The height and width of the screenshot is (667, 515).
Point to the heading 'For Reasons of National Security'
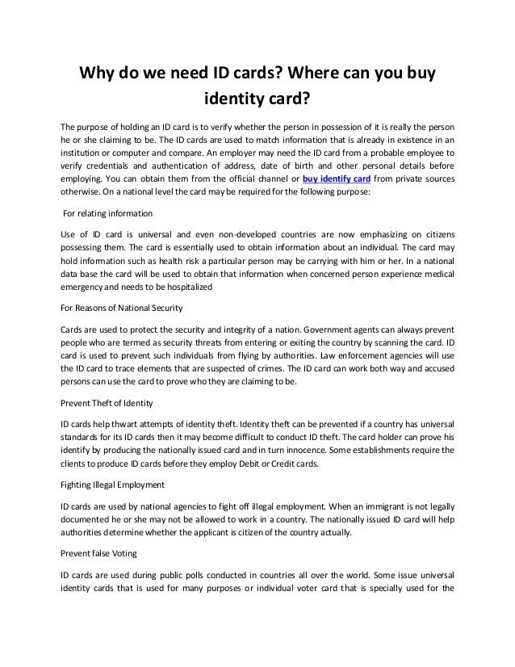click(x=122, y=308)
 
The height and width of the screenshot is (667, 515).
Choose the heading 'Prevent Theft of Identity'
click(x=107, y=402)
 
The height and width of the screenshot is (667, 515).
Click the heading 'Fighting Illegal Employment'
click(x=112, y=484)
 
